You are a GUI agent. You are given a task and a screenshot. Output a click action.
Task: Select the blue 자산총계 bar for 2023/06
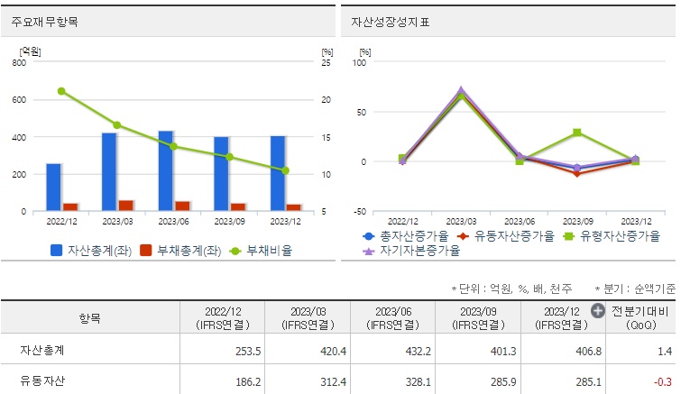tap(165, 171)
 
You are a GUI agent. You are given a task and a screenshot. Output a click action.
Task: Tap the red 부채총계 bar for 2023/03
tap(125, 206)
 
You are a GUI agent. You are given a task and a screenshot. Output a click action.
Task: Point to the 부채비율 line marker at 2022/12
tap(61, 91)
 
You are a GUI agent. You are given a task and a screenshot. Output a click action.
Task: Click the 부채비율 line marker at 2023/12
tap(285, 170)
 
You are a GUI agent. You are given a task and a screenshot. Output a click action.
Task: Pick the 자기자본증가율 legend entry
tap(410, 251)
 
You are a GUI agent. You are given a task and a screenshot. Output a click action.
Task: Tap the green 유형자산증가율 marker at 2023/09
tap(576, 133)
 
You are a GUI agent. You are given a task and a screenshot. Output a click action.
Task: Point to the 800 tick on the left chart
tap(19, 63)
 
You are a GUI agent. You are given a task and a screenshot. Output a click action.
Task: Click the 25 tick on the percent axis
tap(326, 63)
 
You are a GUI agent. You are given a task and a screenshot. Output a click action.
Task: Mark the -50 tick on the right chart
tap(359, 212)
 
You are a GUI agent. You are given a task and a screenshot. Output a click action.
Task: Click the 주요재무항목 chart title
tap(44, 22)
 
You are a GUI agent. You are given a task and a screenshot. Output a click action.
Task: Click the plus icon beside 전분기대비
tap(598, 311)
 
